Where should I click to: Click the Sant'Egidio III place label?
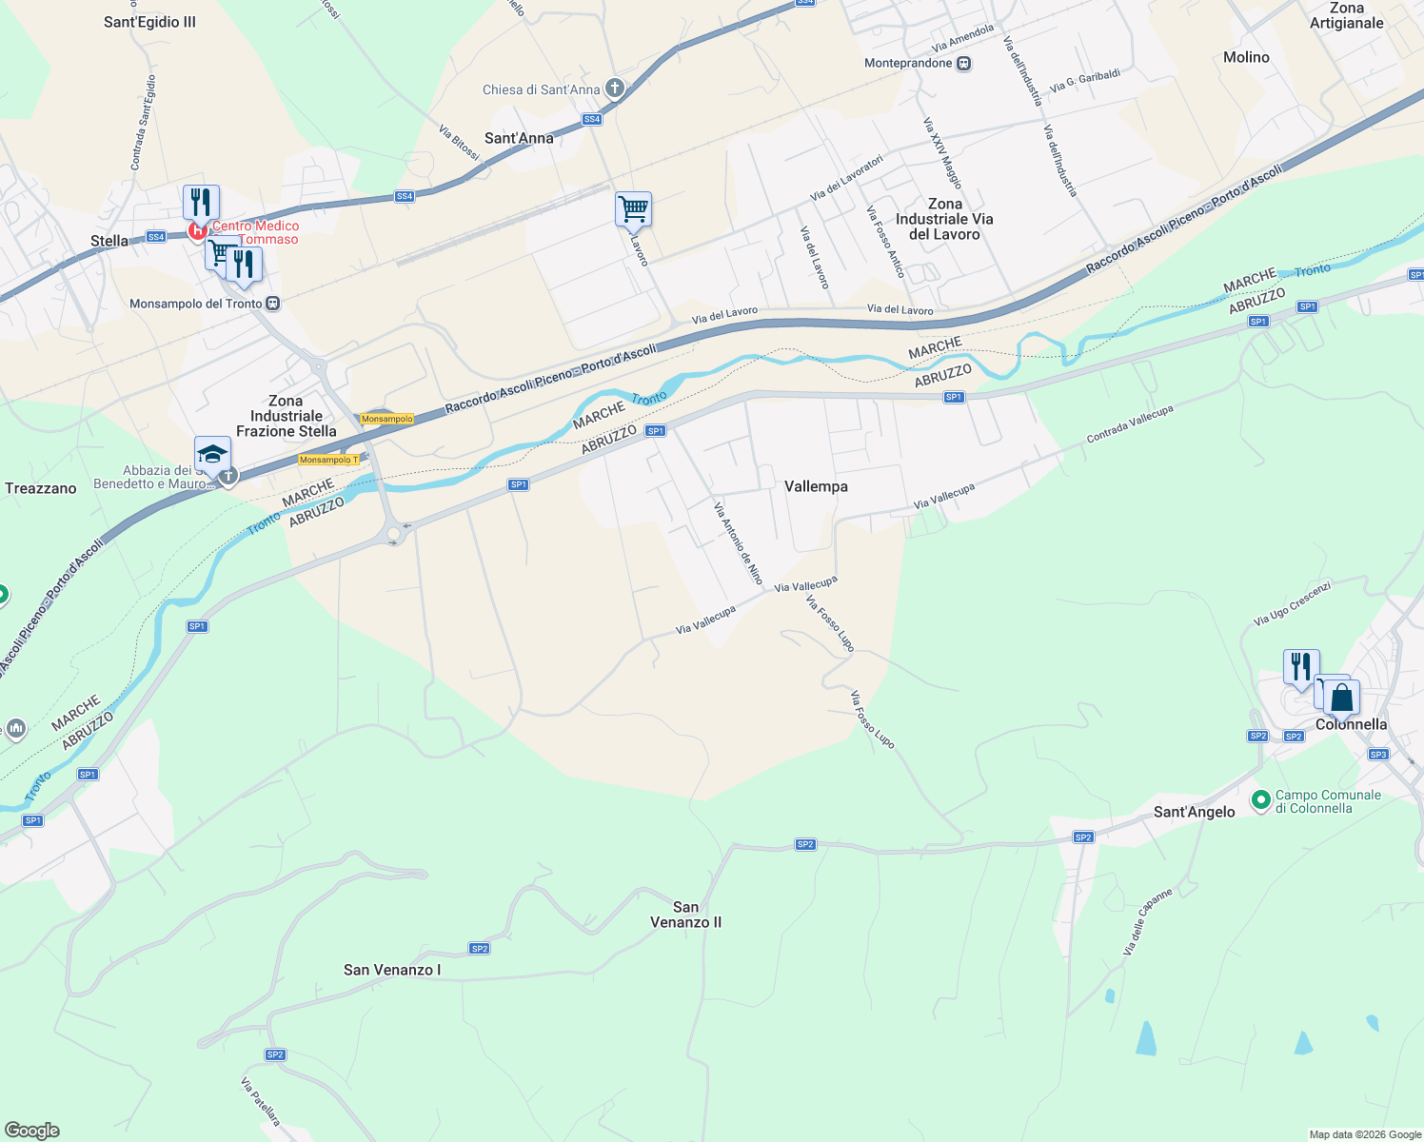click(149, 22)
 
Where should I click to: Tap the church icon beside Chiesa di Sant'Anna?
click(614, 89)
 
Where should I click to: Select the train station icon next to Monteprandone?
click(963, 64)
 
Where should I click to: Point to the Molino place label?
click(1246, 57)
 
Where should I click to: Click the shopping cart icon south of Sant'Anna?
click(633, 208)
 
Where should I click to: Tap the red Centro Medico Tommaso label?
click(255, 232)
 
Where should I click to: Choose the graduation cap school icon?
click(212, 454)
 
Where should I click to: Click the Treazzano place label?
click(41, 488)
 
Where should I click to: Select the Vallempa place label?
click(816, 486)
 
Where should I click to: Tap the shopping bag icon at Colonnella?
click(1341, 699)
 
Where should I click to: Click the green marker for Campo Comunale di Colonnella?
click(1261, 800)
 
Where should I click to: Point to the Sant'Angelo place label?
click(1194, 812)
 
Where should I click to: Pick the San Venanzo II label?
click(685, 915)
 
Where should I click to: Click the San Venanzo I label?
click(392, 970)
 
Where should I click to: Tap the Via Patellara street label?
click(260, 1101)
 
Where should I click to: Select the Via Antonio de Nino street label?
click(739, 543)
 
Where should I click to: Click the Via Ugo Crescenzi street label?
click(1292, 603)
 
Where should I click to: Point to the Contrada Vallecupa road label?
click(1130, 424)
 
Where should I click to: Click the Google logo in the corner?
click(32, 1131)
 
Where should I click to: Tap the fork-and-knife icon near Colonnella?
click(1300, 666)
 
